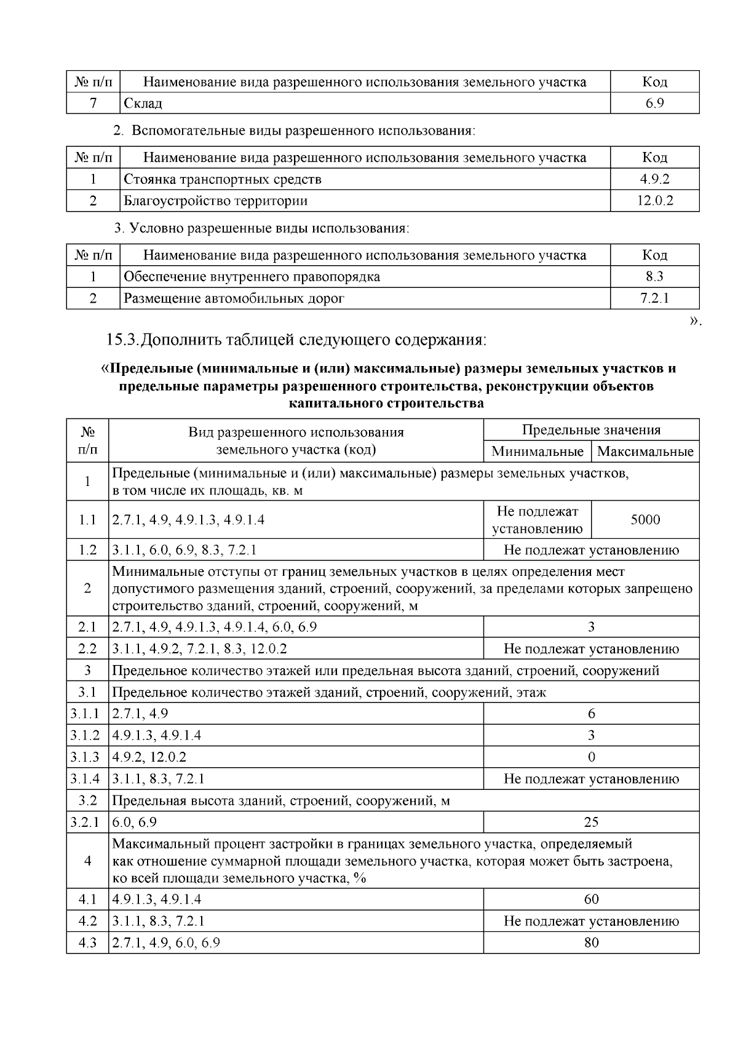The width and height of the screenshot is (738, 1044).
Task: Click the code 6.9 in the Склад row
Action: pos(654,103)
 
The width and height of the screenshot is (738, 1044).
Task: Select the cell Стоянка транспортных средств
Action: pos(223,180)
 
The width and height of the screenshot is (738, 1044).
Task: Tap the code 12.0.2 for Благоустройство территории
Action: pos(654,201)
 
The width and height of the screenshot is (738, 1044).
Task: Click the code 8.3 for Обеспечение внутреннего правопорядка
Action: pos(654,277)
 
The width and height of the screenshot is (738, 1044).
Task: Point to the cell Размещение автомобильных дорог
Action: pos(234,299)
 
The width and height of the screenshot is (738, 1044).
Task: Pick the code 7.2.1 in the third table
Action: pos(654,299)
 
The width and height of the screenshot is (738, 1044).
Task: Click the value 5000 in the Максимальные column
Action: pos(645,520)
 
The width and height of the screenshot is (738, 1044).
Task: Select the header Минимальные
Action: pos(537,452)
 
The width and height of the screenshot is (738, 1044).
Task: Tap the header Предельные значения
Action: pos(591,430)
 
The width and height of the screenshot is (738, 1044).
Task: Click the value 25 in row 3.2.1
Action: pos(591,822)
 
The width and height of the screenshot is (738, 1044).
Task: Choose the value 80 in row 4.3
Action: pos(591,942)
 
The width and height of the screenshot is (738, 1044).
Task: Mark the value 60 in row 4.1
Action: pos(591,899)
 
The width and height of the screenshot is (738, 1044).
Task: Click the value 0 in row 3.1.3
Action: pos(591,757)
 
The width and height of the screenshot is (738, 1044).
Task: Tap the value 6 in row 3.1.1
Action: pos(591,714)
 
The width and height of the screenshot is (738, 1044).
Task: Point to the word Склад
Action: pos(143,103)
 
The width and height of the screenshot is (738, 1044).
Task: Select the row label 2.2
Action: pos(87,648)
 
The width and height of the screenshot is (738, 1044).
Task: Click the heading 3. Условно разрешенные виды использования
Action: pos(261,228)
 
